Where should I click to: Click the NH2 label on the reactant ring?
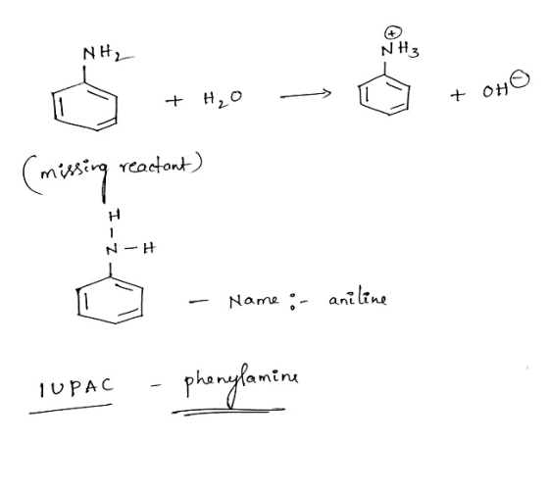coord(102,54)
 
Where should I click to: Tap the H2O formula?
coord(223,99)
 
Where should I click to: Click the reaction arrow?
coord(305,95)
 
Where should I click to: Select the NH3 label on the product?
coord(400,50)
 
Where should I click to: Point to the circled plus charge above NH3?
coord(393,33)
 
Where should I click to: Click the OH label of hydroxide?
coord(495,91)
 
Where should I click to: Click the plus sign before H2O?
coord(174,101)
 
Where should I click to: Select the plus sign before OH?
coord(458,94)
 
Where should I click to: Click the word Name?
coord(254,301)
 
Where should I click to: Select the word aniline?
coord(358,299)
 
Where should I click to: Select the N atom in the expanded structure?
coord(112,250)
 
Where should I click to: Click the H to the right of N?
coord(149,248)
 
